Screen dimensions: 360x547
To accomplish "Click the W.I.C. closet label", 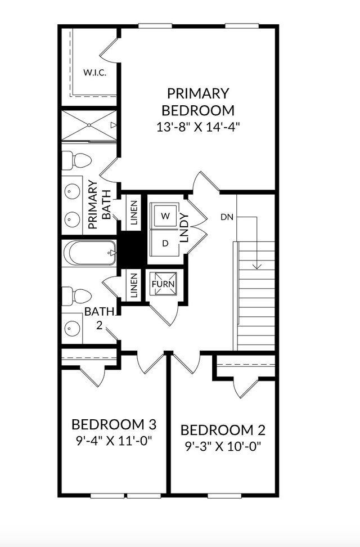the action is tap(95, 73).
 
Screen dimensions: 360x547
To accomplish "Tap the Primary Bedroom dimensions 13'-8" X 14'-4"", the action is tap(199, 127).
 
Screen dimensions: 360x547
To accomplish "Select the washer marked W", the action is tap(165, 216).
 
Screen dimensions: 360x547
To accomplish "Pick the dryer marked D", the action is tap(165, 243).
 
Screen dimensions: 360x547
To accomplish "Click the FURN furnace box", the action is tap(163, 284).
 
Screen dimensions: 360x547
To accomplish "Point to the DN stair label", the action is tap(227, 217).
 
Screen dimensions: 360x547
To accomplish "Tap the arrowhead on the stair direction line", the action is tap(257, 266).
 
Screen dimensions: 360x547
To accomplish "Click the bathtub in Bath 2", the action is tap(89, 253).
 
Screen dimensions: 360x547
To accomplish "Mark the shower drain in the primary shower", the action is tap(89, 125).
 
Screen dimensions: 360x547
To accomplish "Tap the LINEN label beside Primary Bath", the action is tap(134, 212).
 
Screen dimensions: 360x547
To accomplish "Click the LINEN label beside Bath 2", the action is tap(134, 285).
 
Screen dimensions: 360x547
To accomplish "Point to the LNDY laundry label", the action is tap(184, 228).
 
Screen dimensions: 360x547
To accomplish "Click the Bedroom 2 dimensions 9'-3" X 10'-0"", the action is tap(223, 446).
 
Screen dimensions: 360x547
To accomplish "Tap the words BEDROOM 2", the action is tap(223, 430).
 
